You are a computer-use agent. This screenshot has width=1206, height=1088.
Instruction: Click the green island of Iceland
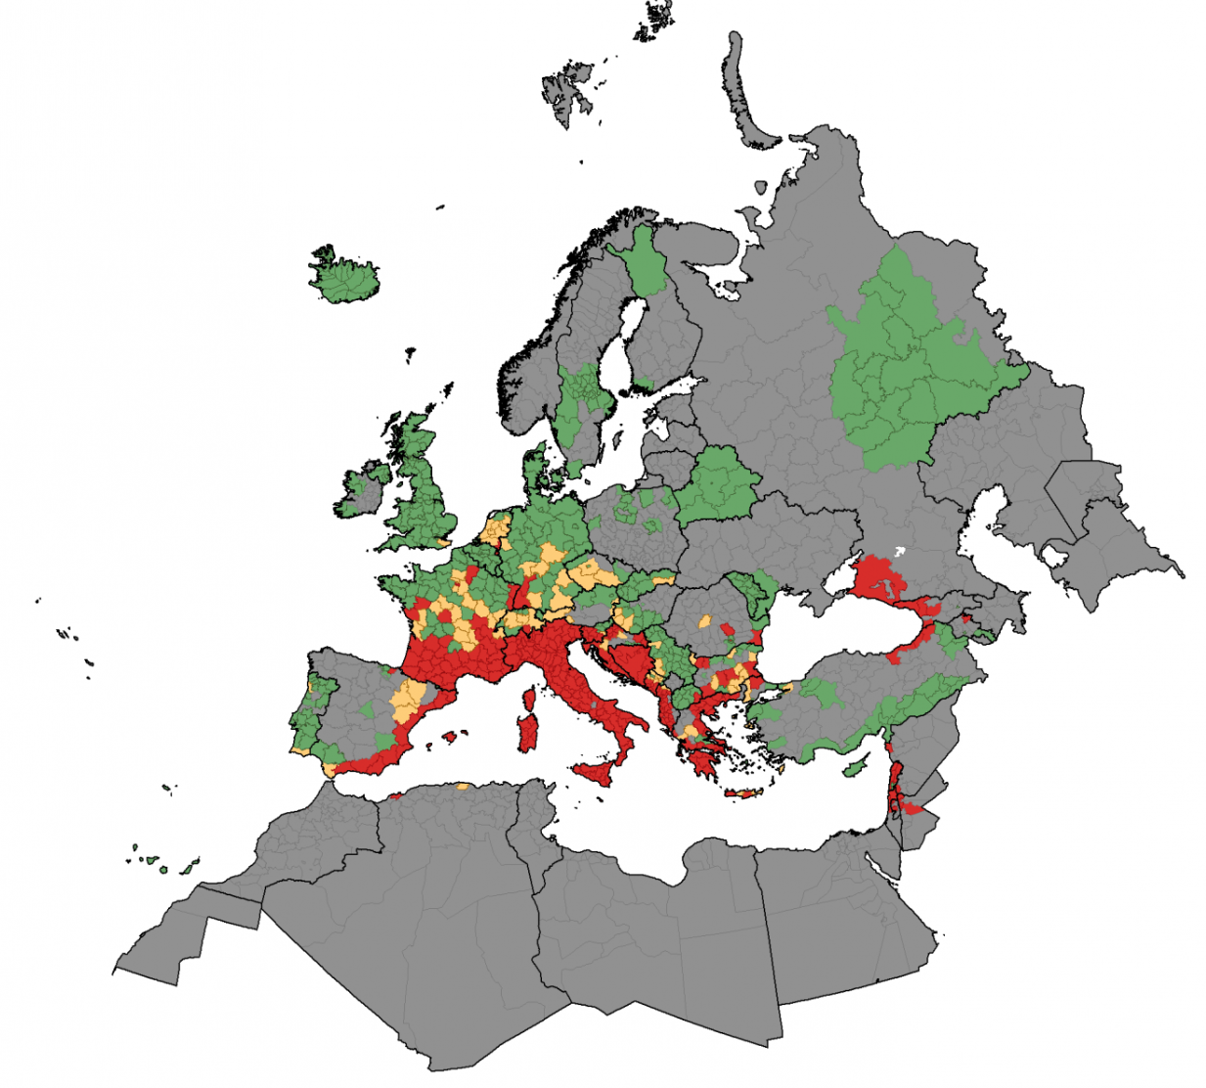tap(343, 277)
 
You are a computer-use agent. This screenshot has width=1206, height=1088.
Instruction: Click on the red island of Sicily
tap(602, 775)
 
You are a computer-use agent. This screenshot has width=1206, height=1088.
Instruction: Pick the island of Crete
tap(742, 793)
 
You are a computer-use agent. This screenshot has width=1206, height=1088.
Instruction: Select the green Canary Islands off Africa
tap(161, 864)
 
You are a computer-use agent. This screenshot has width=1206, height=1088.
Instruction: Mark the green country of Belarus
tap(719, 483)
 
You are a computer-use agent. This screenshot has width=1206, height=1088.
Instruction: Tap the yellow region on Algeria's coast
tap(462, 786)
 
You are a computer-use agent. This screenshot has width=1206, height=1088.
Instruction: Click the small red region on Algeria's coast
tap(395, 796)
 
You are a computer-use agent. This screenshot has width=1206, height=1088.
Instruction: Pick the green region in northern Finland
tap(646, 259)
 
